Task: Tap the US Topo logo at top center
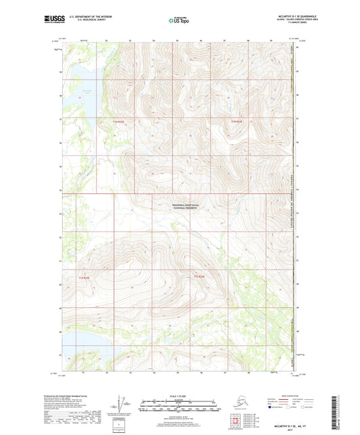tap(179, 21)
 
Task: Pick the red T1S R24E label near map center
tap(199, 277)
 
